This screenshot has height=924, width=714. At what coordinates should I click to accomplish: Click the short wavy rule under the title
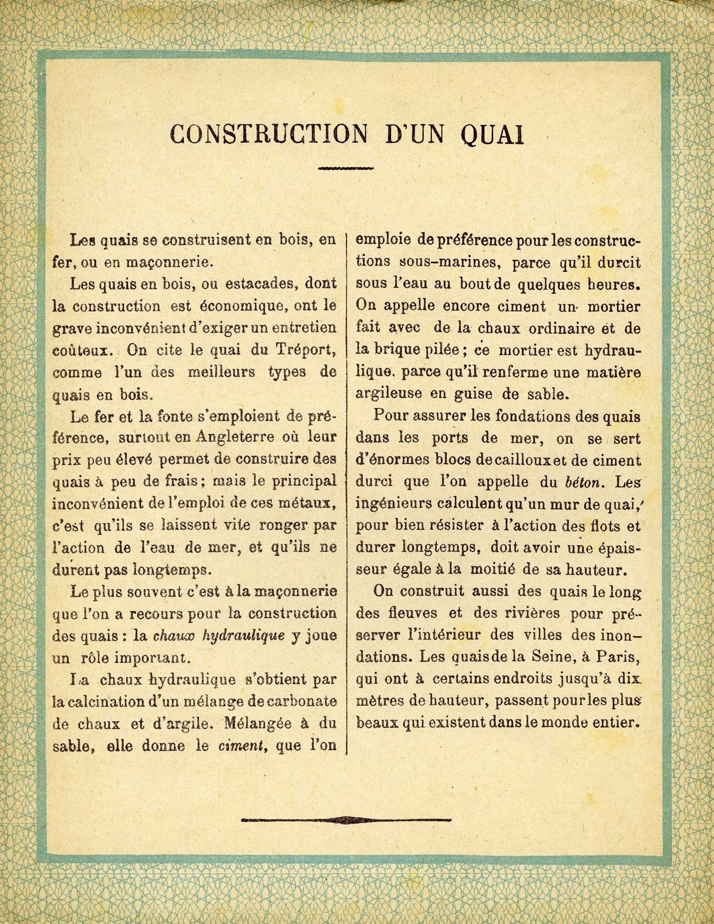pyautogui.click(x=345, y=169)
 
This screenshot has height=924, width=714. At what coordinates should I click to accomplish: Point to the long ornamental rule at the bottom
pyautogui.click(x=345, y=820)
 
